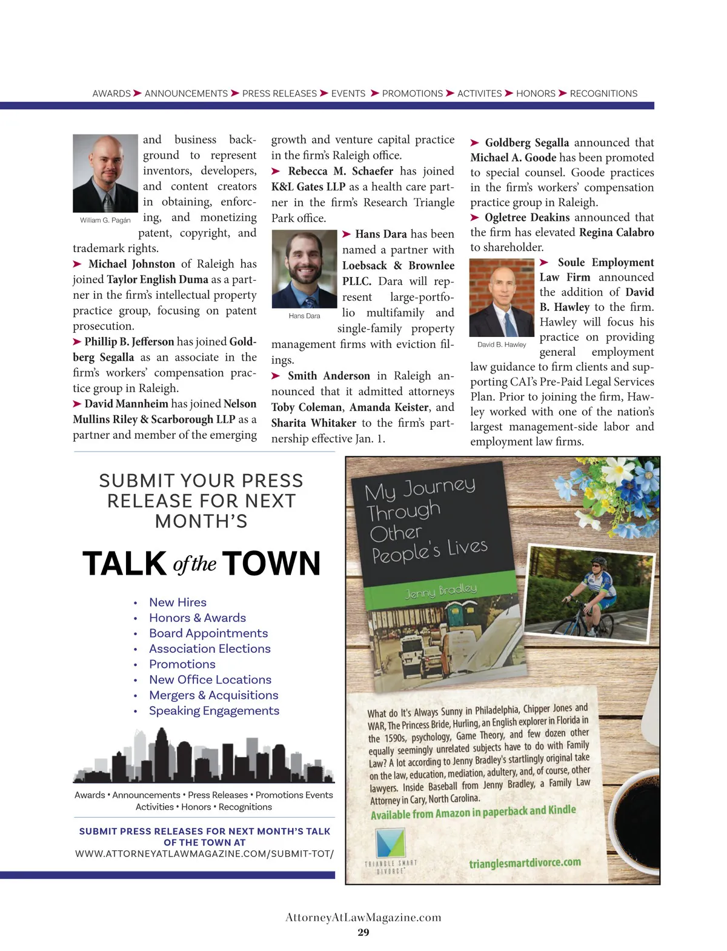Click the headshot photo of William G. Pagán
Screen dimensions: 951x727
pyautogui.click(x=105, y=173)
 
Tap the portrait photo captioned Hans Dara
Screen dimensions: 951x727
pyautogui.click(x=304, y=269)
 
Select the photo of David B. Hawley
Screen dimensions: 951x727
pyautogui.click(x=502, y=298)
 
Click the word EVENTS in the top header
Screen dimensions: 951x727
pyautogui.click(x=348, y=93)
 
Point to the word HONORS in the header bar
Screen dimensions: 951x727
pyautogui.click(x=536, y=93)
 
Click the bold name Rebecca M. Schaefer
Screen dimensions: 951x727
pyautogui.click(x=340, y=172)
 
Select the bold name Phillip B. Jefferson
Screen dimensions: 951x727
pyautogui.click(x=129, y=342)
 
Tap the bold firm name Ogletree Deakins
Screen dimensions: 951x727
pyautogui.click(x=527, y=218)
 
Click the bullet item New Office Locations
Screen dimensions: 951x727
pyautogui.click(x=210, y=679)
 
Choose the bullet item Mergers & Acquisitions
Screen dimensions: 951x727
pyautogui.click(x=213, y=695)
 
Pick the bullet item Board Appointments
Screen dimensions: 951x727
pyautogui.click(x=208, y=633)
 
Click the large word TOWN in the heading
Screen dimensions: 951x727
pyautogui.click(x=271, y=564)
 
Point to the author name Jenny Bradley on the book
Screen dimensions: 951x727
pyautogui.click(x=440, y=591)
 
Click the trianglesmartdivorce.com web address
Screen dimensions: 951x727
pyautogui.click(x=525, y=863)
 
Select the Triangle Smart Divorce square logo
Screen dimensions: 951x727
pyautogui.click(x=390, y=843)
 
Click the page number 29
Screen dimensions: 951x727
pyautogui.click(x=363, y=932)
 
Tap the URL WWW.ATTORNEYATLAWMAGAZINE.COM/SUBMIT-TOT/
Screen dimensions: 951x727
pyautogui.click(x=204, y=853)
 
